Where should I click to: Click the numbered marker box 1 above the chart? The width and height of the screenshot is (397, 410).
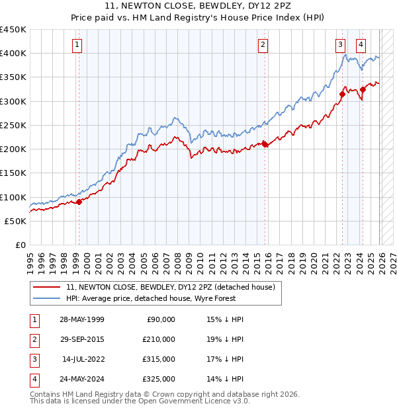click(77, 45)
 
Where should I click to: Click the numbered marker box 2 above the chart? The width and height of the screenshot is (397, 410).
click(263, 45)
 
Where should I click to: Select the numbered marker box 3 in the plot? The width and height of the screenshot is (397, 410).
click(340, 45)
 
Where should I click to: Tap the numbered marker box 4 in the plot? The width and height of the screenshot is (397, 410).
click(361, 45)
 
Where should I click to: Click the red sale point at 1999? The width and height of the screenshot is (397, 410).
click(79, 202)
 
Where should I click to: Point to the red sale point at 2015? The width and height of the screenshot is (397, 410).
click(265, 144)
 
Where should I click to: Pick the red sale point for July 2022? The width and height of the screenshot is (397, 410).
click(342, 94)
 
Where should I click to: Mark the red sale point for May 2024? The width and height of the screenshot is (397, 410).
click(363, 89)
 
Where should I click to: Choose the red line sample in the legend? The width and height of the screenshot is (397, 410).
click(46, 287)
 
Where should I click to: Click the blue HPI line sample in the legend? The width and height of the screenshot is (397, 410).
click(46, 299)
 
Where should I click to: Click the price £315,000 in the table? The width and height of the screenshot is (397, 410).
click(159, 359)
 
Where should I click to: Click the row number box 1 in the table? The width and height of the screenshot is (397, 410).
click(32, 319)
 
